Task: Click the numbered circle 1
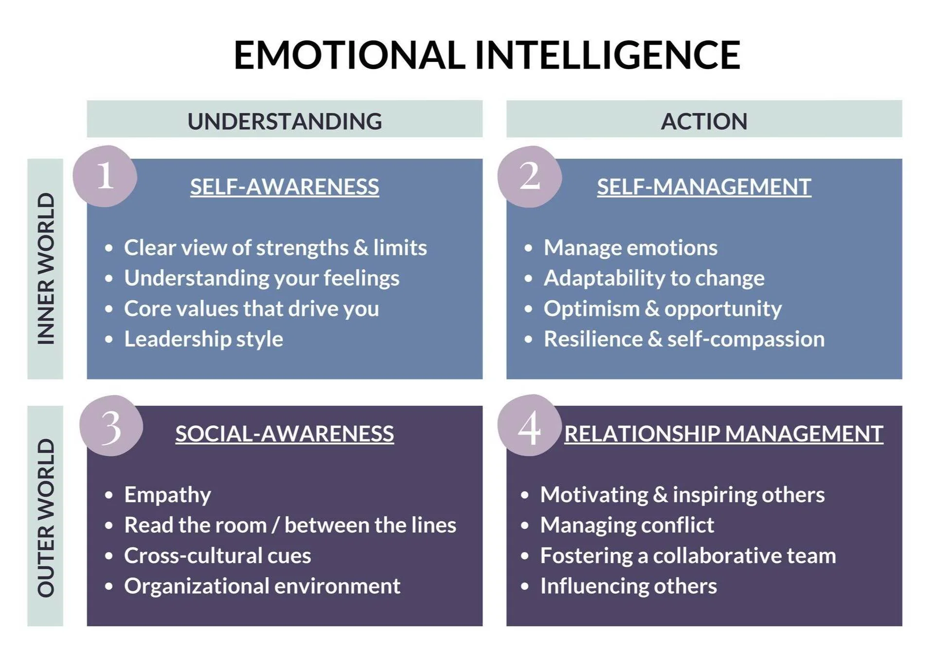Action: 105,176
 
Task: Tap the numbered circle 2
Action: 530,176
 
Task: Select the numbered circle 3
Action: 111,426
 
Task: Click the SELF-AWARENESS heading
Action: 285,187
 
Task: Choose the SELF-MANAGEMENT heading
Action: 704,187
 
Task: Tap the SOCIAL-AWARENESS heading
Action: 285,434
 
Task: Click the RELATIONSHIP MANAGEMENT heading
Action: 723,434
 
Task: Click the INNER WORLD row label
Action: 46,269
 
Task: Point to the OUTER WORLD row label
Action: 46,517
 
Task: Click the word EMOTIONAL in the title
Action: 349,55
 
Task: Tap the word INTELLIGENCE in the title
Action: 607,55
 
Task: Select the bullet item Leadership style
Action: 203,339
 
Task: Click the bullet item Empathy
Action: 167,495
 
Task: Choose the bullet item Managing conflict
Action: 627,525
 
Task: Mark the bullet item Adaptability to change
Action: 654,278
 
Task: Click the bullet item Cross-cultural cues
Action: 217,556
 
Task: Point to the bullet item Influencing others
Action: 628,586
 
